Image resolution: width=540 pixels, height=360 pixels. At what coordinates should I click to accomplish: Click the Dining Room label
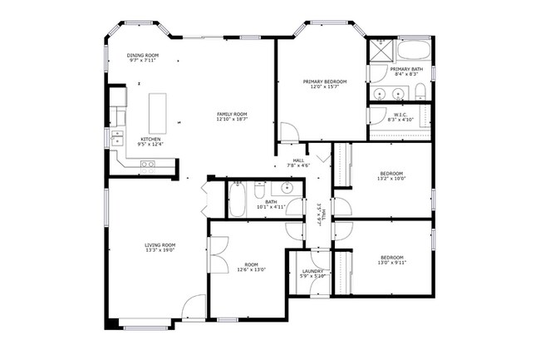pos(144,56)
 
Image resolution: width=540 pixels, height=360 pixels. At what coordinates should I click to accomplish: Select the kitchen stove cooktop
pos(147,165)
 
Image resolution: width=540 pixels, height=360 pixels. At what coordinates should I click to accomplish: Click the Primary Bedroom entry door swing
pos(288,131)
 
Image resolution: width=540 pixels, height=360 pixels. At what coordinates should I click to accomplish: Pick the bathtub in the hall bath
pos(238,200)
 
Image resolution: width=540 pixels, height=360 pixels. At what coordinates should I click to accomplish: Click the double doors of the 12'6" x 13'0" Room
pos(218,254)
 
